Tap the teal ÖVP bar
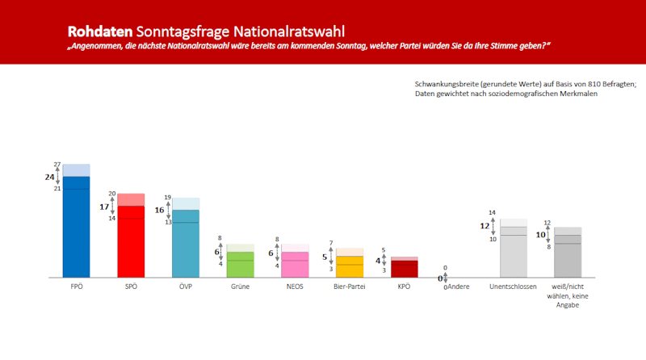point(186,244)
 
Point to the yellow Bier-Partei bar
point(350,266)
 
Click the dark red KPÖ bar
point(405,268)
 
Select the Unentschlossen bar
point(514,252)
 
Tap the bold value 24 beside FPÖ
point(50,176)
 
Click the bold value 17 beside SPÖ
point(104,207)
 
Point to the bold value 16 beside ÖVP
point(159,210)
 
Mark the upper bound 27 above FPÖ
point(57,164)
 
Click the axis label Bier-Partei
point(350,287)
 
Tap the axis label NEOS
point(295,287)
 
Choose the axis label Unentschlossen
point(514,287)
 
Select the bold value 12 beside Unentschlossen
point(485,226)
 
